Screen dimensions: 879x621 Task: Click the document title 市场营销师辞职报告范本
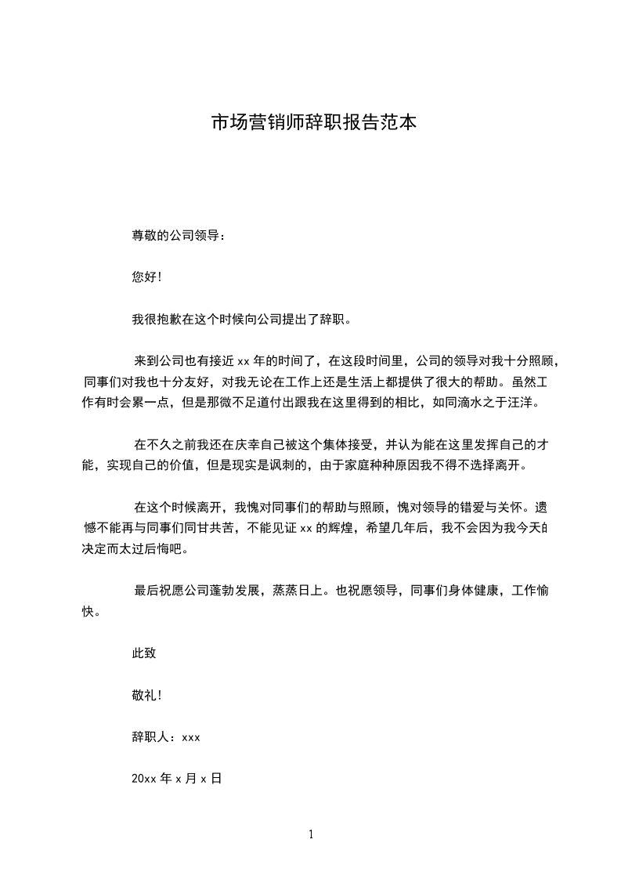(313, 123)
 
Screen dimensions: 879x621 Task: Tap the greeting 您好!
(146, 277)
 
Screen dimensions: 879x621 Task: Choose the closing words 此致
(144, 653)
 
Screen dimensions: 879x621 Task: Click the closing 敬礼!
(146, 695)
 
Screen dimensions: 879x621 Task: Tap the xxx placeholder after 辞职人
(191, 738)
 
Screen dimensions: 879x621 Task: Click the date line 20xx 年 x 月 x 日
(177, 779)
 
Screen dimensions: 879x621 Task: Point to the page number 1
(311, 834)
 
